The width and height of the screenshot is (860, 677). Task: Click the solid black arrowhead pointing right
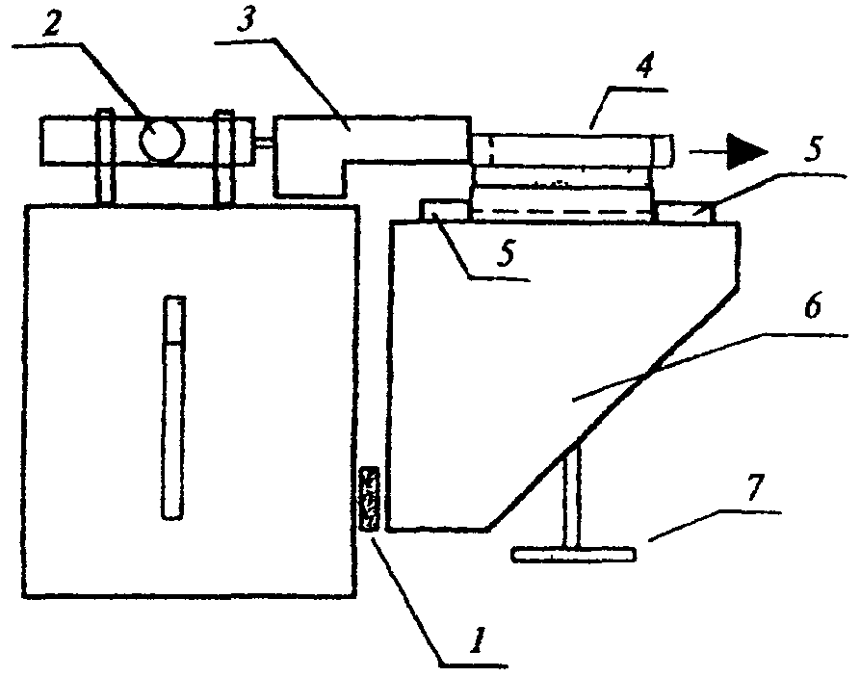click(x=743, y=150)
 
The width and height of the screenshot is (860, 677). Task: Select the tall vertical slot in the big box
click(x=173, y=407)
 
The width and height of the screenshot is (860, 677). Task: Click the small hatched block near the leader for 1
click(x=370, y=499)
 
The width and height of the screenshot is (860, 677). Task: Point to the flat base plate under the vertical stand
click(x=575, y=555)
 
